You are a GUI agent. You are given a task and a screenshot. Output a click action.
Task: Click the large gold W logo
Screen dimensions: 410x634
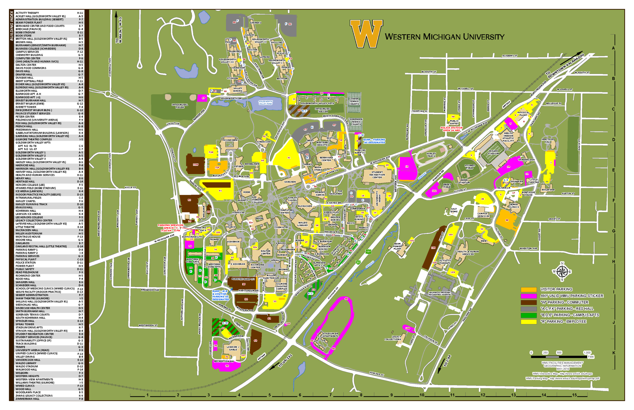[x=366, y=34]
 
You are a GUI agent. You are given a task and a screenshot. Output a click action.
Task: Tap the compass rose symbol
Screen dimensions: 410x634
[x=562, y=272]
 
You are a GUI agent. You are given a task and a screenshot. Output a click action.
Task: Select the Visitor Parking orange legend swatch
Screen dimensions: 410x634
[x=528, y=289]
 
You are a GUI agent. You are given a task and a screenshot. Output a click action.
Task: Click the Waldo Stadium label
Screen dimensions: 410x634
[x=493, y=152]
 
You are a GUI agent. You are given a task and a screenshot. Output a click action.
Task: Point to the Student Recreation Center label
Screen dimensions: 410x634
[x=377, y=175]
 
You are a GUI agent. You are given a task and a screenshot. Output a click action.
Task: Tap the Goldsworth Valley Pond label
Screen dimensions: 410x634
[x=265, y=102]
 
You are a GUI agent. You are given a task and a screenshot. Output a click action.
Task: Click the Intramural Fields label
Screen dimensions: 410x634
[x=180, y=106]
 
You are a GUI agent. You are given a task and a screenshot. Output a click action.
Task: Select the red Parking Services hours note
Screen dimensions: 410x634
[x=170, y=228]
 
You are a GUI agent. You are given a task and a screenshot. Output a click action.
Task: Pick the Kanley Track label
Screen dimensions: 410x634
[x=431, y=155]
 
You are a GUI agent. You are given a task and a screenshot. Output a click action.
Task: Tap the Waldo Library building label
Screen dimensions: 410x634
[x=303, y=224]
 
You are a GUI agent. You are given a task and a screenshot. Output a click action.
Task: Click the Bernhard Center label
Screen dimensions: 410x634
[x=326, y=159]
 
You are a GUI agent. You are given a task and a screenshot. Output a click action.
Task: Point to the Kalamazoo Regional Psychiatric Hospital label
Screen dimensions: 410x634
[x=440, y=293]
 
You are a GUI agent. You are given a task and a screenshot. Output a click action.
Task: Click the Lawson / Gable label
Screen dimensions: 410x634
[x=233, y=348]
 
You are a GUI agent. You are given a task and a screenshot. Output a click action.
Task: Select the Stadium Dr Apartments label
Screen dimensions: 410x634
[x=330, y=335]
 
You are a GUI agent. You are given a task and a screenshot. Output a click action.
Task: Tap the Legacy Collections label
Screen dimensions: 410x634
[x=393, y=338]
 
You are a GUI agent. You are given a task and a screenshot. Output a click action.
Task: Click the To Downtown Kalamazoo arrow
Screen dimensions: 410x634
[x=571, y=58]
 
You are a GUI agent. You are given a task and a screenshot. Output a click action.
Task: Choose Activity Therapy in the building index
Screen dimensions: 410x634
[x=27, y=13]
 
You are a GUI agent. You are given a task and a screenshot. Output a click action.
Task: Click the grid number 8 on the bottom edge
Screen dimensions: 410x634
[x=361, y=395]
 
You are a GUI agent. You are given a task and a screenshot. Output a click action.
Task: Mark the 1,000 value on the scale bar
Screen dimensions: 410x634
[x=587, y=353]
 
